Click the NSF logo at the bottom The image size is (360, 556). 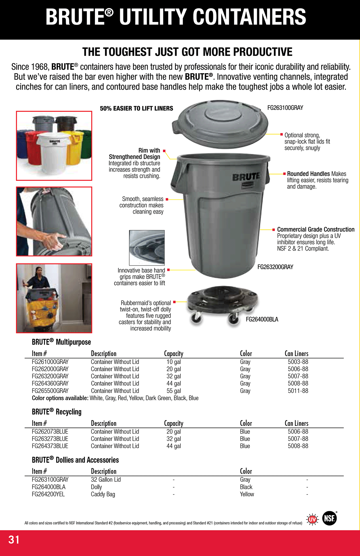click(329, 518)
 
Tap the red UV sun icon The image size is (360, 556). click(313, 519)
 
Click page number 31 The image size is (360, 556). click(14, 540)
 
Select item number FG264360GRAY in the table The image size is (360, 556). click(50, 383)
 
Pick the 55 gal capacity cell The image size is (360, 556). click(173, 391)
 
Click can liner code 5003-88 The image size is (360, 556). click(298, 362)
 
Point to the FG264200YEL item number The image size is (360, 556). click(48, 494)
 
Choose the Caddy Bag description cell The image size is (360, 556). click(103, 494)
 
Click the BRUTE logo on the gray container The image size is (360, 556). click(246, 177)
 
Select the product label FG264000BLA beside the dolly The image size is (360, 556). click(262, 320)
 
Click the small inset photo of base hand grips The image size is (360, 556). click(147, 248)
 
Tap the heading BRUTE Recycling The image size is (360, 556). click(57, 412)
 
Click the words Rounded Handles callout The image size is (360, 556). click(308, 174)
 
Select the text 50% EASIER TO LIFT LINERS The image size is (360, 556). click(136, 109)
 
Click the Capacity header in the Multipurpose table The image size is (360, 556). click(173, 354)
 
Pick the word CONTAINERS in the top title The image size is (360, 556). click(249, 17)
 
